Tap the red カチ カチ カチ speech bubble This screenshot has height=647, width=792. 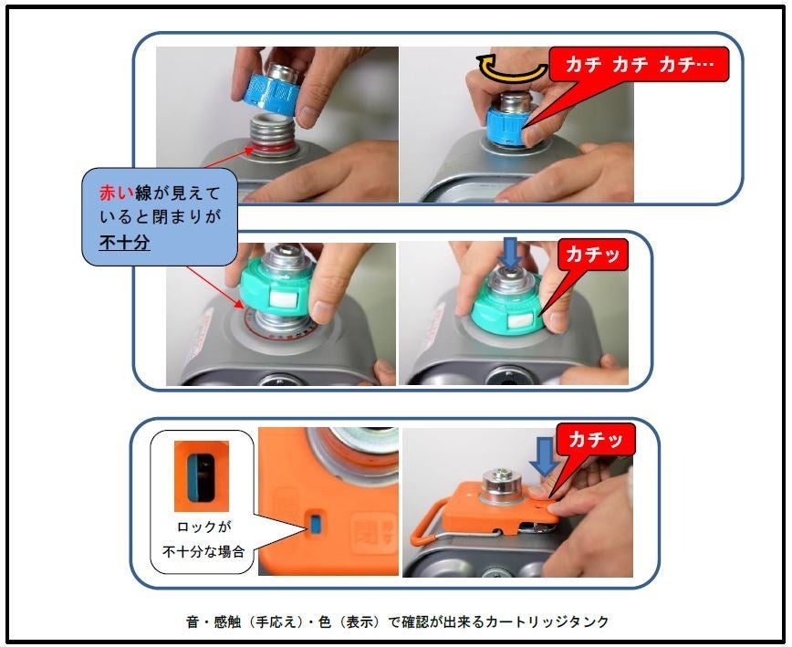coord(639,65)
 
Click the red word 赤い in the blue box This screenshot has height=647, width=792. coord(117,193)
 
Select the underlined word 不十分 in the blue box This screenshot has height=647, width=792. coord(125,243)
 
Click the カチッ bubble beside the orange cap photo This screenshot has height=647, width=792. coord(595,441)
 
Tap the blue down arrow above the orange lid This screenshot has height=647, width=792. coord(545,456)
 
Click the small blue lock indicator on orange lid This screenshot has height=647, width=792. coord(316,525)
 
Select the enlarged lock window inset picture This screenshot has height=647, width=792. coord(202,476)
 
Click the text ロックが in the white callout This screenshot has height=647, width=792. coord(204,527)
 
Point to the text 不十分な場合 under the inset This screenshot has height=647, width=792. coord(203,551)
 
